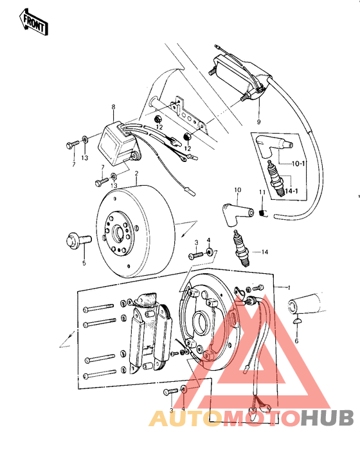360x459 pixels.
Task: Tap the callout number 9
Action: [x=258, y=121]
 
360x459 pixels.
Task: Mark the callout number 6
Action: [x=296, y=341]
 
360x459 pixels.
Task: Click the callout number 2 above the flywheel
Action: [x=136, y=174]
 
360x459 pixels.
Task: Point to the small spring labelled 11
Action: [x=262, y=213]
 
